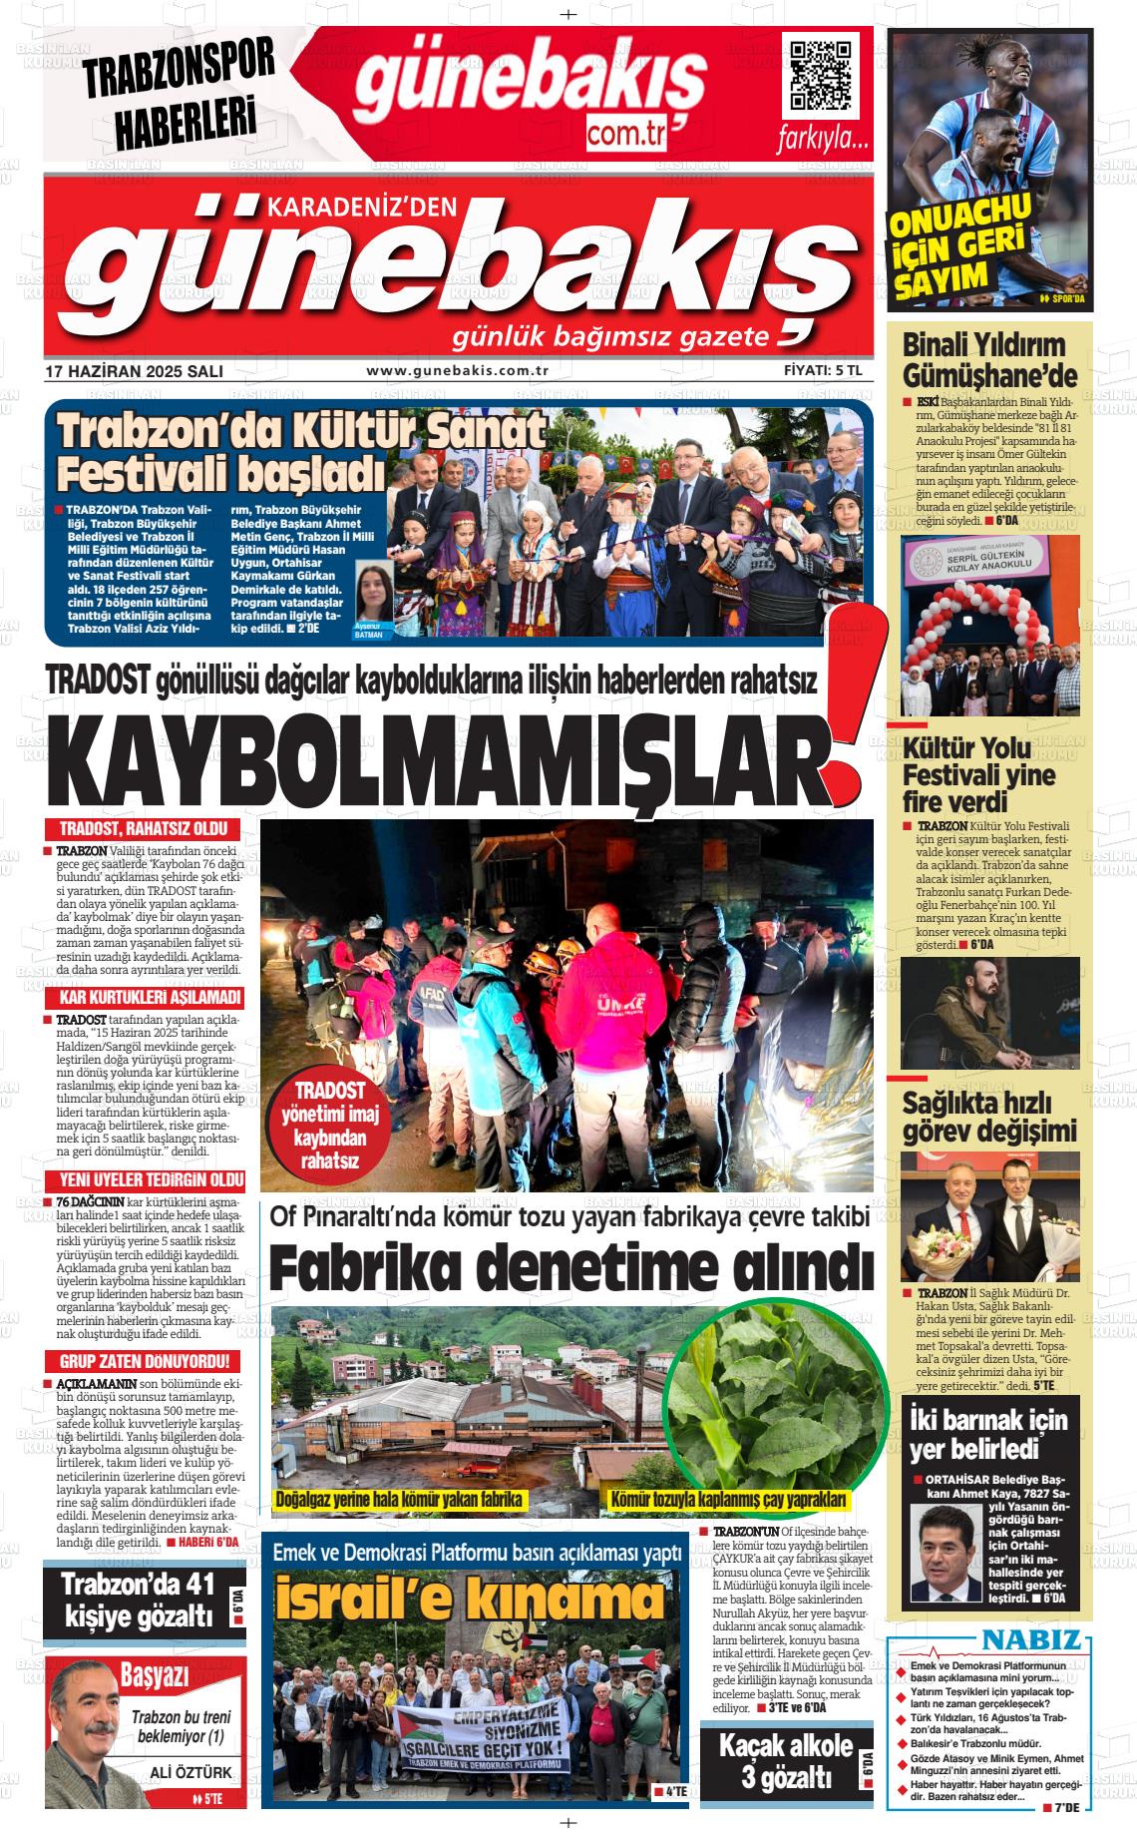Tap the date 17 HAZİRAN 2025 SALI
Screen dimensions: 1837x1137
[134, 371]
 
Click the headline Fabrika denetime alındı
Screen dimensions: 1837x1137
[570, 1268]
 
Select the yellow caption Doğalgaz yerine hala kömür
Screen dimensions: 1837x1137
[399, 1500]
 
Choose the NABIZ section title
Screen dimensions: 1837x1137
[1030, 1639]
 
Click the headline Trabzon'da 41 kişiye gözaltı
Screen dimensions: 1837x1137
[138, 1600]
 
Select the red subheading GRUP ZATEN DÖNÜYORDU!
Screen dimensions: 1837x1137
[144, 1361]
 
